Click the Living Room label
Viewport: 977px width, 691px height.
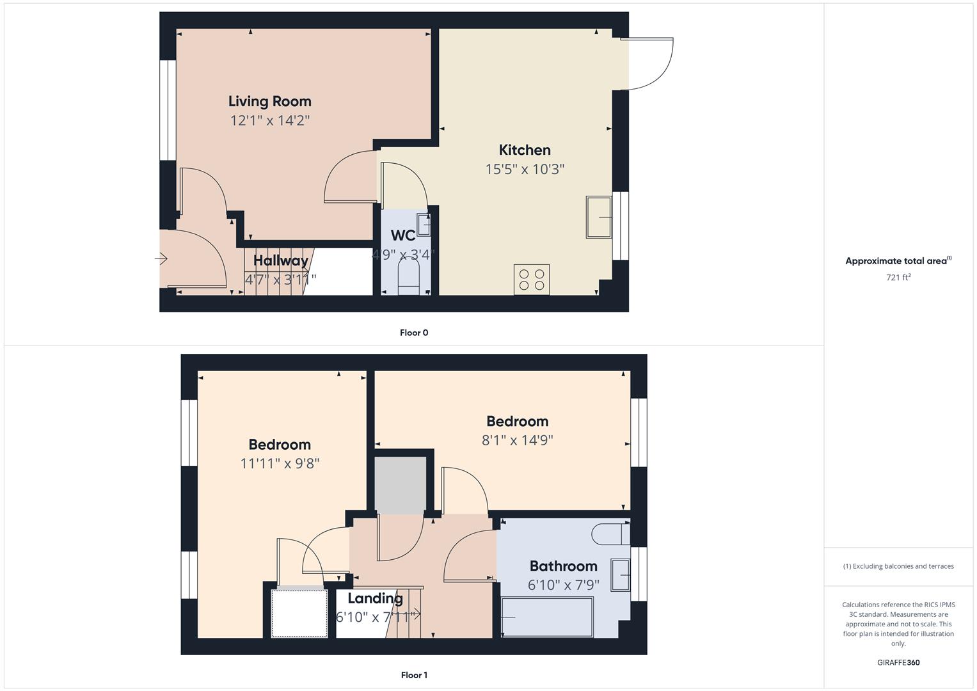pos(269,101)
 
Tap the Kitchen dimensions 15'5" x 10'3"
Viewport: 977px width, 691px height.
pos(525,170)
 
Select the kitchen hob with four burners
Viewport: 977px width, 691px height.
pos(531,280)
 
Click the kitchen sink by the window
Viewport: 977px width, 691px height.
pos(599,218)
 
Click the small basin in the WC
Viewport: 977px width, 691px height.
pos(423,225)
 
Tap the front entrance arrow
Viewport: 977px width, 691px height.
pos(161,259)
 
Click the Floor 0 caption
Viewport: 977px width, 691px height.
pos(414,333)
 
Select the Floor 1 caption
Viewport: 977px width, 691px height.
pos(414,675)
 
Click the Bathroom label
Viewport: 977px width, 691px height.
pos(563,566)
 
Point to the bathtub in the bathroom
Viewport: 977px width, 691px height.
pos(548,617)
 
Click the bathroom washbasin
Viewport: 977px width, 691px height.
pos(620,575)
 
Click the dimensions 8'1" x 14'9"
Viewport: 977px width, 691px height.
pos(517,440)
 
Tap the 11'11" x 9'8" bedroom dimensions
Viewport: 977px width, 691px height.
pos(280,463)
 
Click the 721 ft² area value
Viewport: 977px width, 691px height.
pos(898,278)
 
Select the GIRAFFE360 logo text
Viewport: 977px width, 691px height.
pos(898,662)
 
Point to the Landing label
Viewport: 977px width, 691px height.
pos(375,598)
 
